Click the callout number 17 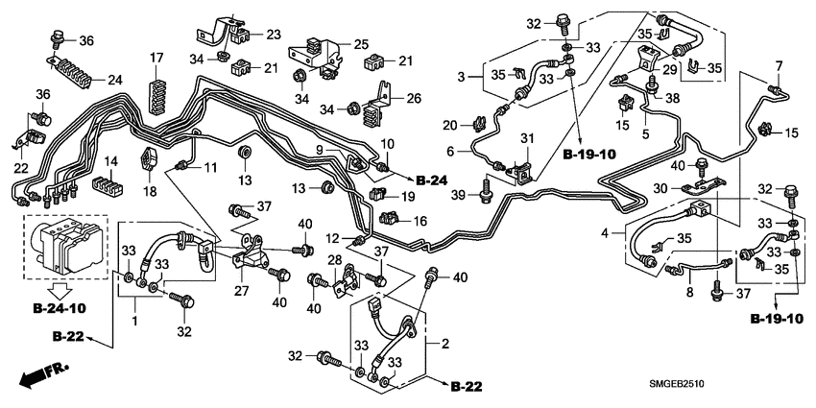click(156, 59)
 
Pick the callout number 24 click(114, 80)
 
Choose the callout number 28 click(335, 262)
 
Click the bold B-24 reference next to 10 click(432, 180)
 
